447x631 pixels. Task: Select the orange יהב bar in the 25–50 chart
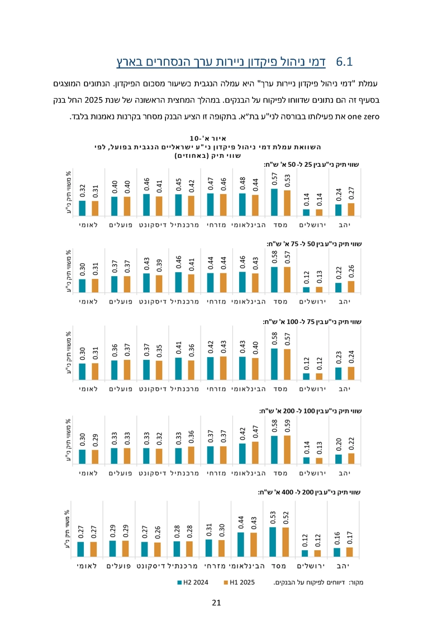click(351, 209)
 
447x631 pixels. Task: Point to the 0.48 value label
click(242, 184)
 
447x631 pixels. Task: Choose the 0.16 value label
click(337, 538)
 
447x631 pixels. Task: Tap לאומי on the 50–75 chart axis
click(89, 301)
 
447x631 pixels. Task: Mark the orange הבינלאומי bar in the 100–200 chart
click(255, 452)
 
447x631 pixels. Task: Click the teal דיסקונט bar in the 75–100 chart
click(146, 369)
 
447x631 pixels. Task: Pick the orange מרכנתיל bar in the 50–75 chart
click(192, 283)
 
